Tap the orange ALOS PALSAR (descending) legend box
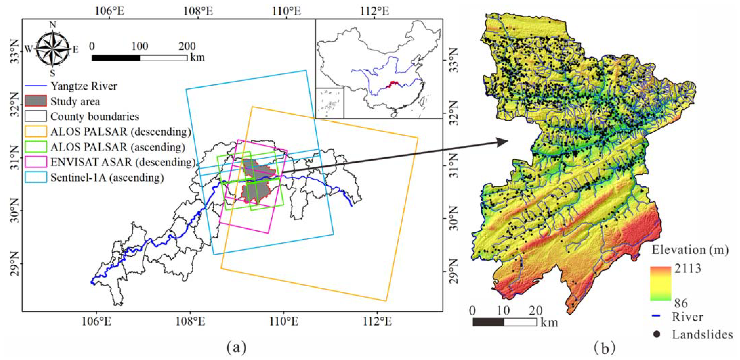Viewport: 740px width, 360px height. click(36, 131)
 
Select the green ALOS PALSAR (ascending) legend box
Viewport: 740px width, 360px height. click(36, 147)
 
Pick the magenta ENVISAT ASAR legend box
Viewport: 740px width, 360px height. click(36, 162)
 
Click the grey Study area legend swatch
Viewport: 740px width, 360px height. click(36, 101)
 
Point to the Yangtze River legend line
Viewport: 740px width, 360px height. click(36, 86)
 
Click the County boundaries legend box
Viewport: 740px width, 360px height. click(36, 116)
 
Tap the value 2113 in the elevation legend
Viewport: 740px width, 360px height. click(688, 268)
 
